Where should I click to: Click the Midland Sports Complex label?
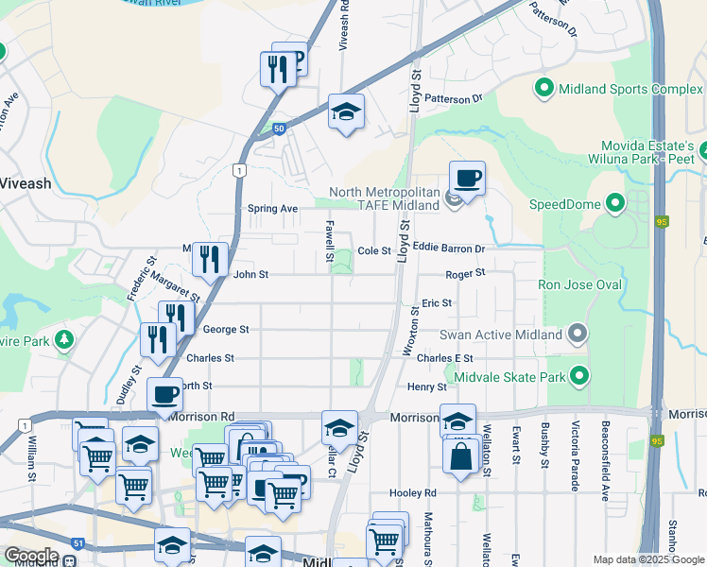click(x=631, y=90)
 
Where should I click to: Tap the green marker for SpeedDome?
click(x=615, y=203)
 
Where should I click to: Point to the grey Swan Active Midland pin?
click(x=578, y=335)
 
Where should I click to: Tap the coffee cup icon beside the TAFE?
click(x=466, y=177)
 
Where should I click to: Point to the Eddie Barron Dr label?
click(x=448, y=249)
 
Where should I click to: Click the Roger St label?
click(x=465, y=273)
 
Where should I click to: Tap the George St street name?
click(x=226, y=330)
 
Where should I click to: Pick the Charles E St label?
click(x=444, y=358)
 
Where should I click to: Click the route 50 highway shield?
click(x=279, y=129)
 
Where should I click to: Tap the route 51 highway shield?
click(x=78, y=542)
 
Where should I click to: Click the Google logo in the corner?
click(x=31, y=556)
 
